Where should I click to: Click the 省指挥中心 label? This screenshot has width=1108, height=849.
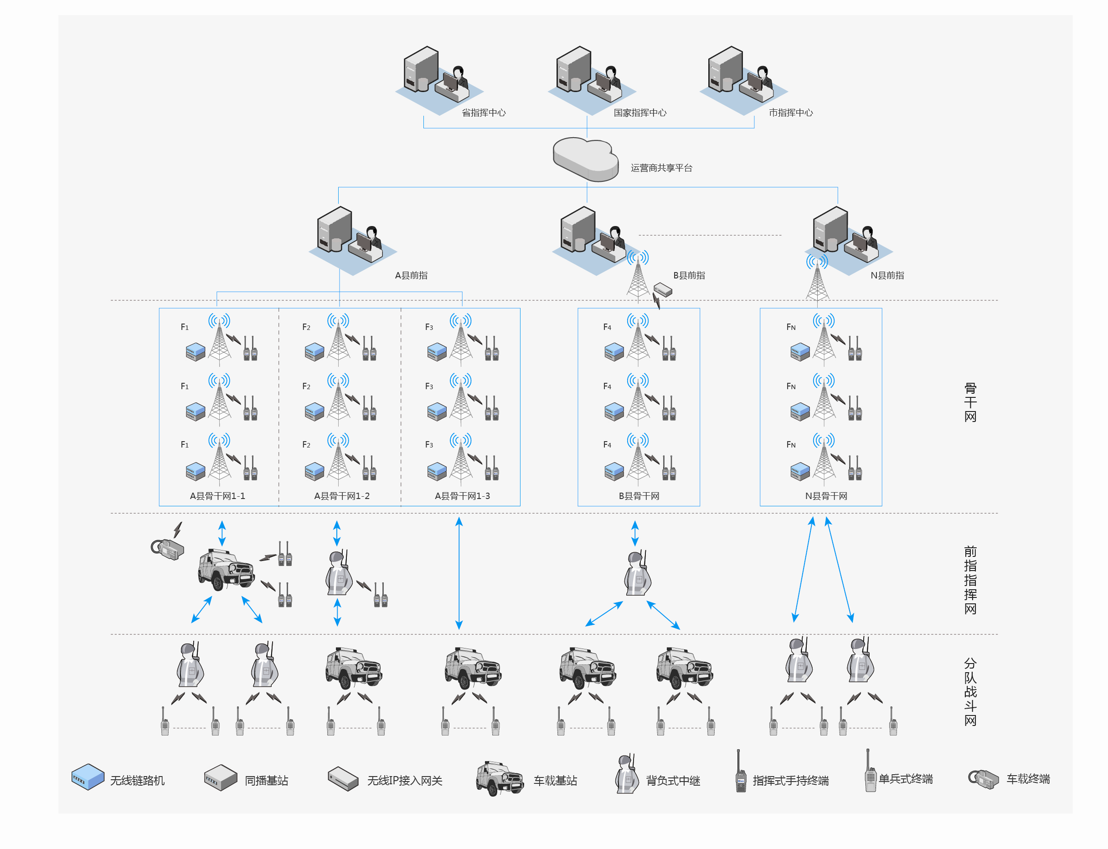[x=483, y=113]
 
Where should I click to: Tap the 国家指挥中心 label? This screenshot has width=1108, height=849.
[x=639, y=113]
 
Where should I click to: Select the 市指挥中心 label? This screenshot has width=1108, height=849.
[x=791, y=113]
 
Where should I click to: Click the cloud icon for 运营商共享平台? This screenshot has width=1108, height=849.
[x=585, y=159]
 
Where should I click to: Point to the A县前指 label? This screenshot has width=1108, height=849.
[x=411, y=275]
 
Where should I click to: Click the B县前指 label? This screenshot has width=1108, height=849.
[x=689, y=275]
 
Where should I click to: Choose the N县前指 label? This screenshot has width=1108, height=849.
[x=886, y=275]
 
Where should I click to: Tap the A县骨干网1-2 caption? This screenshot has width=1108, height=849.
[x=342, y=496]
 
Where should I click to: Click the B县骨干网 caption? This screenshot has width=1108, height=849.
[x=639, y=496]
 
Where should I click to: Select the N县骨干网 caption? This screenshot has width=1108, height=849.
[x=825, y=496]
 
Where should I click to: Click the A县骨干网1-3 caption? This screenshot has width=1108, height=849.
[x=462, y=496]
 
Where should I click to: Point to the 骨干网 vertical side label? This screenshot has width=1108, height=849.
[x=969, y=402]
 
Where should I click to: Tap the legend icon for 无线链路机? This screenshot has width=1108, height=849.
[x=88, y=776]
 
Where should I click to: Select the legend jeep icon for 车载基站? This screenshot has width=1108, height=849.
[x=499, y=778]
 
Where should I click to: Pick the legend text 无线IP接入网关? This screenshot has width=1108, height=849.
[x=404, y=781]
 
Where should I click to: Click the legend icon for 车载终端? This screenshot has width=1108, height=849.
[x=983, y=779]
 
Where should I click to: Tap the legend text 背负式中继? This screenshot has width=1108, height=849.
[x=673, y=781]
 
